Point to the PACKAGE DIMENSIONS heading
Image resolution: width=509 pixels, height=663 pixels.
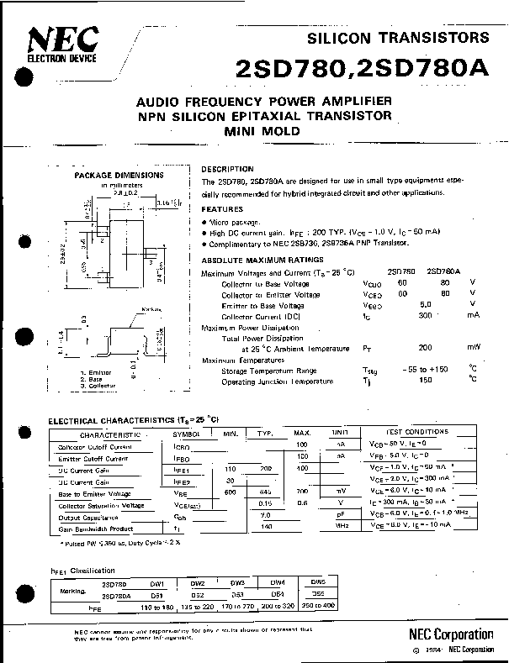click(113, 176)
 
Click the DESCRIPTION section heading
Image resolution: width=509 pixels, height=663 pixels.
click(227, 169)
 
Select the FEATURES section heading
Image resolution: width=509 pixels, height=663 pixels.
click(222, 209)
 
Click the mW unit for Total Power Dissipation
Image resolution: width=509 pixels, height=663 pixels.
click(475, 347)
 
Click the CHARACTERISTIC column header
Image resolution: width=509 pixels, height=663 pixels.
click(110, 434)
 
